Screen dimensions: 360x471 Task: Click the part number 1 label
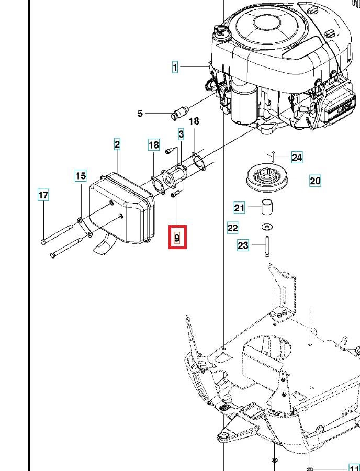pyautogui.click(x=175, y=66)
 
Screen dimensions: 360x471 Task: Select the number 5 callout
pyautogui.click(x=140, y=114)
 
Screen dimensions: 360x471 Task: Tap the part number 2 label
pyautogui.click(x=117, y=144)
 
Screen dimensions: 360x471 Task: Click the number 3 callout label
pyautogui.click(x=181, y=134)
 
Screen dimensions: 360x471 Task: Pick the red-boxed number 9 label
pyautogui.click(x=177, y=238)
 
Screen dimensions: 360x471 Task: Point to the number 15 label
pyautogui.click(x=81, y=175)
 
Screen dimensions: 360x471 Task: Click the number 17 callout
pyautogui.click(x=43, y=195)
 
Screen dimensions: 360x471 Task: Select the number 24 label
pyautogui.click(x=297, y=157)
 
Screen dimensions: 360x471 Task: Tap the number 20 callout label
pyautogui.click(x=315, y=181)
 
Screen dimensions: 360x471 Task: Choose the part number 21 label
pyautogui.click(x=239, y=208)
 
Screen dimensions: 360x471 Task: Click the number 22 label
pyautogui.click(x=233, y=228)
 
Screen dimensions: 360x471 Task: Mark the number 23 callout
pyautogui.click(x=243, y=245)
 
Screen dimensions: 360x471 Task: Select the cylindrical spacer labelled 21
pyautogui.click(x=267, y=207)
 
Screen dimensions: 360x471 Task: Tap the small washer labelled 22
pyautogui.click(x=267, y=226)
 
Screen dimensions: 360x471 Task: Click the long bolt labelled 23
pyautogui.click(x=267, y=246)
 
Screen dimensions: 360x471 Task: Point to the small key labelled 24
pyautogui.click(x=273, y=157)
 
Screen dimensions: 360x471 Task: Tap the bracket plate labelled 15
pyautogui.click(x=85, y=227)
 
